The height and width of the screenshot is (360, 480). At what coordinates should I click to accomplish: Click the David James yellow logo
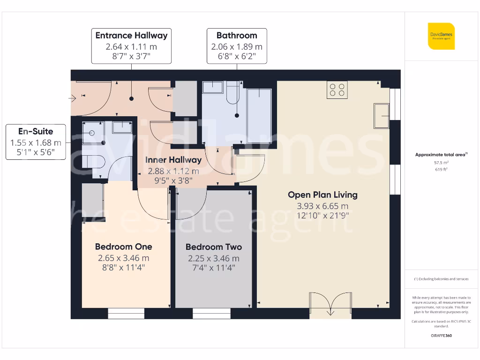(x=441, y=36)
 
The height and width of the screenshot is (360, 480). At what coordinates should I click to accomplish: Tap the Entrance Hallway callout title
(x=131, y=36)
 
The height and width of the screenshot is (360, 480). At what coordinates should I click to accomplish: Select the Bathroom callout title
(x=237, y=36)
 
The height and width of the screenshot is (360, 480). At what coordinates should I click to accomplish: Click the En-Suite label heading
(x=36, y=132)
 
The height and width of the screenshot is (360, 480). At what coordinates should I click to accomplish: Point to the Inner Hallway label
(x=173, y=160)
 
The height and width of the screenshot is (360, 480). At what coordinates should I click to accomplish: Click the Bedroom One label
(x=123, y=247)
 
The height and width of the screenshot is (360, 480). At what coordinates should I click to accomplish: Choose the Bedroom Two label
(x=213, y=247)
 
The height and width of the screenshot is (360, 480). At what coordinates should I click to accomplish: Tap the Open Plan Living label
(x=322, y=195)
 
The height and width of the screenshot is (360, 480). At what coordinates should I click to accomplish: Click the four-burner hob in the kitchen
(x=337, y=90)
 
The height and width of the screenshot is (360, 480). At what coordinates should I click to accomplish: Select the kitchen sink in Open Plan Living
(x=381, y=116)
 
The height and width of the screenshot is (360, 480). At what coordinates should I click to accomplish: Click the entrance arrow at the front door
(x=73, y=98)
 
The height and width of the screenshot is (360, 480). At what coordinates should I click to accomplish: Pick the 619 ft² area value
(x=441, y=170)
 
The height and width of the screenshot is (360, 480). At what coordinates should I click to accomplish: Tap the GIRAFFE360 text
(x=441, y=336)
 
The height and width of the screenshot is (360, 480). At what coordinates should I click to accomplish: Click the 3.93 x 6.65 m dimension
(x=322, y=206)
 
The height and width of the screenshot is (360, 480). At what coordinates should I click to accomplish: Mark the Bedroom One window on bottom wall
(x=126, y=313)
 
